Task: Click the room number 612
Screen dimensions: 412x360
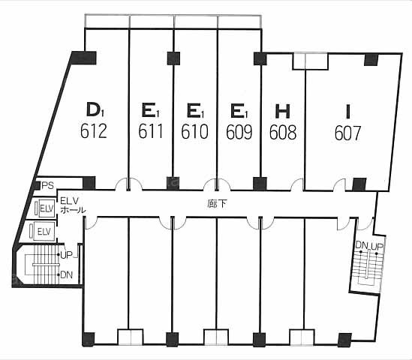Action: pyautogui.click(x=94, y=131)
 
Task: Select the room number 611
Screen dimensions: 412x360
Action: pyautogui.click(x=151, y=131)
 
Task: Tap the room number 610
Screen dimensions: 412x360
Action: pyautogui.click(x=194, y=131)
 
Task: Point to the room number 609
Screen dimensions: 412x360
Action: pyautogui.click(x=239, y=131)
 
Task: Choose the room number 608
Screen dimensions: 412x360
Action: pyautogui.click(x=283, y=132)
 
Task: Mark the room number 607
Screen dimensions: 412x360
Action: pyautogui.click(x=348, y=133)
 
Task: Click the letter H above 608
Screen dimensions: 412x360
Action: pyautogui.click(x=282, y=111)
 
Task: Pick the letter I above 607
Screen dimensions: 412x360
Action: pyautogui.click(x=348, y=111)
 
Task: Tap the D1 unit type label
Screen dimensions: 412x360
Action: pyautogui.click(x=95, y=109)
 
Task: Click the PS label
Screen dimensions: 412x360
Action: pyautogui.click(x=47, y=186)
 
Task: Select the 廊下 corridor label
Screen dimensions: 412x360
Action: pyautogui.click(x=217, y=204)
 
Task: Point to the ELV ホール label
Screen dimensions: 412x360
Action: pyautogui.click(x=73, y=205)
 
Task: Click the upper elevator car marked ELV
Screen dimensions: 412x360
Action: pyautogui.click(x=47, y=208)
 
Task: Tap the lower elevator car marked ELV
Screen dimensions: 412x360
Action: pyautogui.click(x=44, y=232)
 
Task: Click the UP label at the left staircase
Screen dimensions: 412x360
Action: pyautogui.click(x=66, y=255)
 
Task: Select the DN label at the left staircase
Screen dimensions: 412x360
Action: pyautogui.click(x=67, y=275)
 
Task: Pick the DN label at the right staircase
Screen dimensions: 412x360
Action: pyautogui.click(x=362, y=245)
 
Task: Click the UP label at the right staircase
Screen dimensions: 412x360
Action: pyautogui.click(x=377, y=246)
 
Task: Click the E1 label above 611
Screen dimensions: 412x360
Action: pyautogui.click(x=151, y=110)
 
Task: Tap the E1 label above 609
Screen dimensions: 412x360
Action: pyautogui.click(x=239, y=111)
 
